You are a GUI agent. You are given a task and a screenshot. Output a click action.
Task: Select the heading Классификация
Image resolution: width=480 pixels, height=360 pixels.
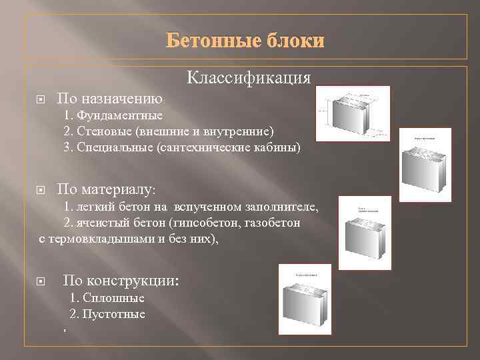[249, 78]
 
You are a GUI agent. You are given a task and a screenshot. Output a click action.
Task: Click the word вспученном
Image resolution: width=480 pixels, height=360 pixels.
[204, 207]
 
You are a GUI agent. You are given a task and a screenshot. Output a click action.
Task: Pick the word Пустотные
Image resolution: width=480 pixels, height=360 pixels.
[114, 313]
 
